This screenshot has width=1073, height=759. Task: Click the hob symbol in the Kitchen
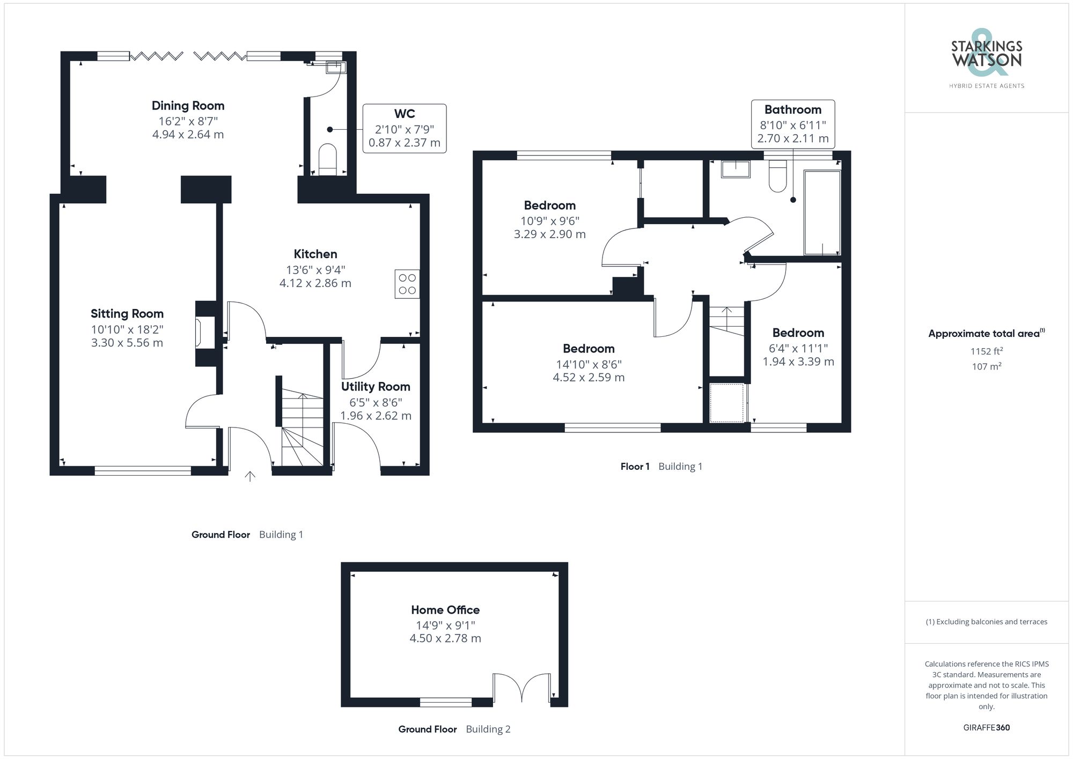(x=407, y=284)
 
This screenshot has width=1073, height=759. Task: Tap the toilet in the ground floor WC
(x=327, y=159)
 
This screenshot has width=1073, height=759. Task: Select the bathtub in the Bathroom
(x=822, y=212)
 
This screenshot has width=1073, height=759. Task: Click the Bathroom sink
(x=736, y=170)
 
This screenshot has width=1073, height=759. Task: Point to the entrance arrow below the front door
(x=250, y=476)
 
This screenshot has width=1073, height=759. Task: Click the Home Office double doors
(x=521, y=688)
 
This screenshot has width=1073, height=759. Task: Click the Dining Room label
(x=188, y=106)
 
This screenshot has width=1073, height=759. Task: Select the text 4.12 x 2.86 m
(x=315, y=283)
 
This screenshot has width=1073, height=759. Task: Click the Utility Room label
(x=376, y=387)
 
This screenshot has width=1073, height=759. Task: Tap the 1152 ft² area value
(x=986, y=351)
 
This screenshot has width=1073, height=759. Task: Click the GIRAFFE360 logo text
(x=986, y=728)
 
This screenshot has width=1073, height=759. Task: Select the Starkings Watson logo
(x=986, y=56)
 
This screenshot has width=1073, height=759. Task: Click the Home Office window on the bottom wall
(x=445, y=702)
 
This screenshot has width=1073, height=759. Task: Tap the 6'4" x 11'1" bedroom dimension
(x=798, y=348)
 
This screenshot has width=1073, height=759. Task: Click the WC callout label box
(x=405, y=128)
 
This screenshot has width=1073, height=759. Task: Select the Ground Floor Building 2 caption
(x=454, y=729)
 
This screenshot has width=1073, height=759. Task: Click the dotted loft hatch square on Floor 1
(x=727, y=402)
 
